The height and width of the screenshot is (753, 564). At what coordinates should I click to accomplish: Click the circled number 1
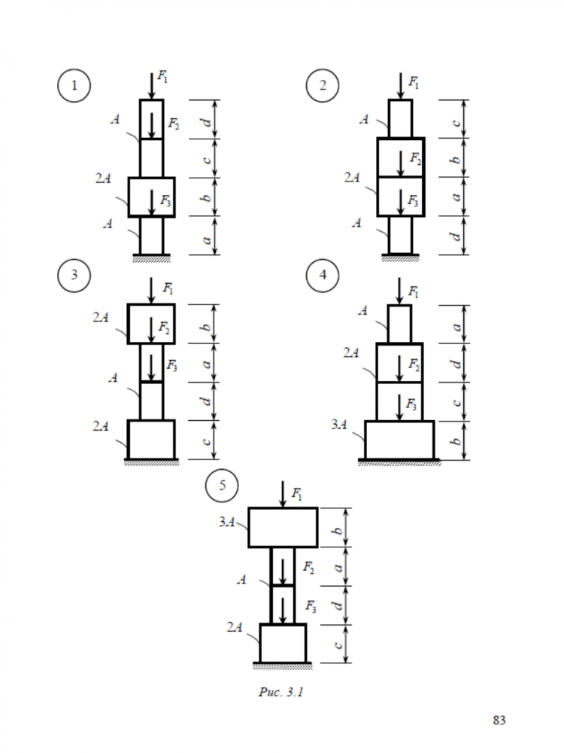(74, 86)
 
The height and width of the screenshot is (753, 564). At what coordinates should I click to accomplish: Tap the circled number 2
(323, 86)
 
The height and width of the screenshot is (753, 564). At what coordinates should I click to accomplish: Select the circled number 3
(74, 275)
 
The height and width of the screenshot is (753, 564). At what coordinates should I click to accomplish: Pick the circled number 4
(323, 275)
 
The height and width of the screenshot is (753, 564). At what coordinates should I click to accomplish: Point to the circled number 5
(222, 485)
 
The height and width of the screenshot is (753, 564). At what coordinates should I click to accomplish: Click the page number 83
(499, 721)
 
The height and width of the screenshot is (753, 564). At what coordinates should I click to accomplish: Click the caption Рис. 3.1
(281, 692)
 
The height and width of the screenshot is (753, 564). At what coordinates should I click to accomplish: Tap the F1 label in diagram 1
(163, 76)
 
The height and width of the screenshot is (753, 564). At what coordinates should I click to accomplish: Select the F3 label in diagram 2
(413, 200)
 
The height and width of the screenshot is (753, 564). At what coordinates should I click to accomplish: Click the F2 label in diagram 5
(308, 568)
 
